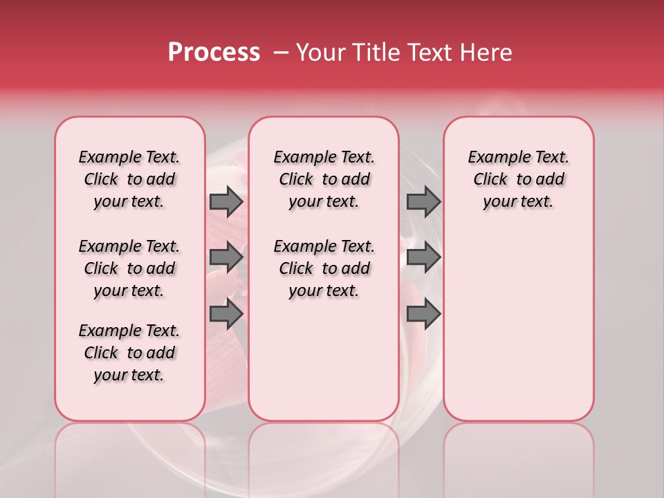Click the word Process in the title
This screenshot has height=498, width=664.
(x=214, y=53)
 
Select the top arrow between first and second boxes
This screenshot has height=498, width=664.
(x=226, y=202)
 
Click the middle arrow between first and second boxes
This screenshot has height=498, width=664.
(x=226, y=258)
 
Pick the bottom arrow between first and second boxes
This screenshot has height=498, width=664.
(x=226, y=314)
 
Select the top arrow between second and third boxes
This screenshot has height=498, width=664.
(x=423, y=202)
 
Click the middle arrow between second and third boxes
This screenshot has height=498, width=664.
(x=423, y=258)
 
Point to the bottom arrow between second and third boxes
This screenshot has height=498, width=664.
(x=423, y=314)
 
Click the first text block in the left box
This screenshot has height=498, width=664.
(x=129, y=179)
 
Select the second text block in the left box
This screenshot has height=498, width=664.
(x=129, y=268)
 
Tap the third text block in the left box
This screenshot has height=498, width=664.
(x=129, y=353)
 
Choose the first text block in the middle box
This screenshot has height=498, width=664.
(x=324, y=179)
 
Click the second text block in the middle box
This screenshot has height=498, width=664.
(x=324, y=268)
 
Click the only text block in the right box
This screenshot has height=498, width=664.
(x=519, y=179)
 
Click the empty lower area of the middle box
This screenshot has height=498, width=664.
(x=324, y=360)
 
